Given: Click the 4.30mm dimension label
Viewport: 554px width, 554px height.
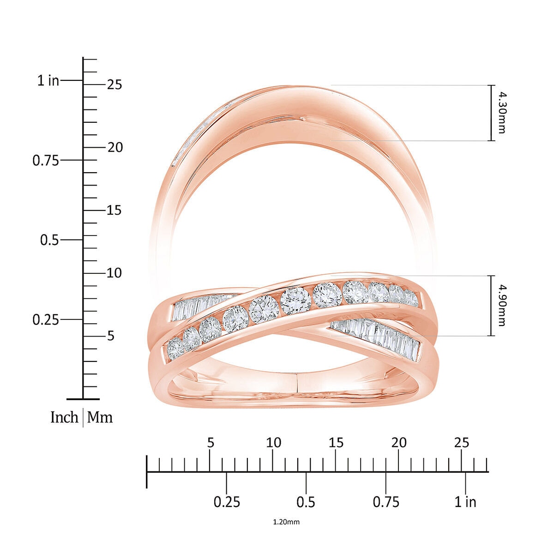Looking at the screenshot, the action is pyautogui.click(x=501, y=113).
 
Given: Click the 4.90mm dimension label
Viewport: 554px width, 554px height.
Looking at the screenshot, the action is pyautogui.click(x=501, y=305).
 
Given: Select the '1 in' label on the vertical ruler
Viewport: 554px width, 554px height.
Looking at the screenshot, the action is pyautogui.click(x=48, y=81).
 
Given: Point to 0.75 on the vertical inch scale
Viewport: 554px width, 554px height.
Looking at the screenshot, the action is pyautogui.click(x=46, y=160).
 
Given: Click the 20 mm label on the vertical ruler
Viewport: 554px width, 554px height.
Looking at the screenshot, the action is pyautogui.click(x=115, y=147).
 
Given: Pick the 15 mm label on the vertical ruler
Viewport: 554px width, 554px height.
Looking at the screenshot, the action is pyautogui.click(x=114, y=210).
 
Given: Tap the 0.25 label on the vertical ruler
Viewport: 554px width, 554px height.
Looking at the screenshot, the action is pyautogui.click(x=46, y=319).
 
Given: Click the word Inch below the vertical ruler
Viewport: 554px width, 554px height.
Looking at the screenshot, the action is pyautogui.click(x=64, y=417).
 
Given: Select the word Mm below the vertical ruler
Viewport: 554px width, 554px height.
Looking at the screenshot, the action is pyautogui.click(x=100, y=417).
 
